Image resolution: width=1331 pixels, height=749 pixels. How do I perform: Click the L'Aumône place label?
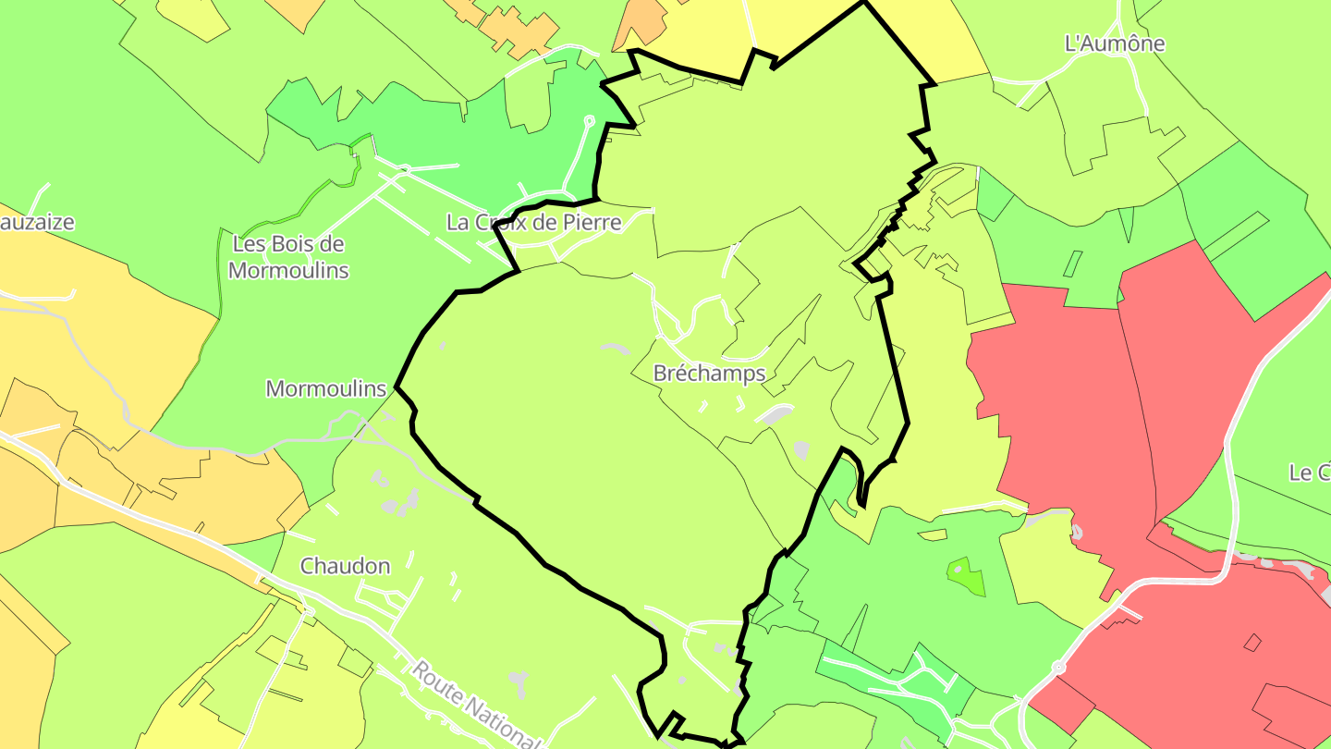coord(1115,43)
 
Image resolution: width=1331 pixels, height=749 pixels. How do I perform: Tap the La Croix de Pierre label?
coord(533,222)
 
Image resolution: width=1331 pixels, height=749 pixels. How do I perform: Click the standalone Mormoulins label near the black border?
coord(325,388)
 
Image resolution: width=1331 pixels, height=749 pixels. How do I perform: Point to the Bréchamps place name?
coord(709,373)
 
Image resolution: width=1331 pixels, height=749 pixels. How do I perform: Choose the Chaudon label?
coord(345,565)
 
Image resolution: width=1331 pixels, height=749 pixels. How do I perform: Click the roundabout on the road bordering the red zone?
coord(1058,667)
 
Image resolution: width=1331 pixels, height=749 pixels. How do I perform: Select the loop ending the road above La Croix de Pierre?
coord(589,120)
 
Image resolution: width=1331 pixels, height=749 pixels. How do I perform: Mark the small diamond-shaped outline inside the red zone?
coord(1252,642)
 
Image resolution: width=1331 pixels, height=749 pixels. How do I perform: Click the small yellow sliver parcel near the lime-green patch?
coord(933,534)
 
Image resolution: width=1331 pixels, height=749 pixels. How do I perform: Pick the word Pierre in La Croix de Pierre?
coord(590,222)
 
